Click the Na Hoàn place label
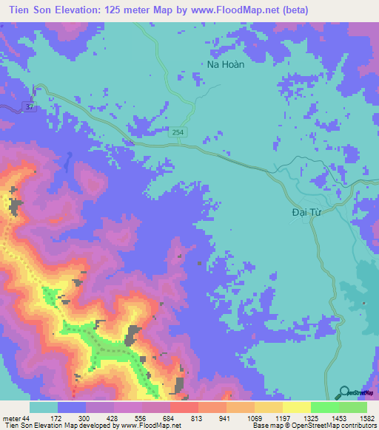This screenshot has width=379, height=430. tap(225, 64)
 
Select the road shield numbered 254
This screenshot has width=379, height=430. tap(181, 132)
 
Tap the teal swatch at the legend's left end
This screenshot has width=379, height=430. tap(44, 408)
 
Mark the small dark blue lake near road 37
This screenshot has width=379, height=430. tap(67, 160)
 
